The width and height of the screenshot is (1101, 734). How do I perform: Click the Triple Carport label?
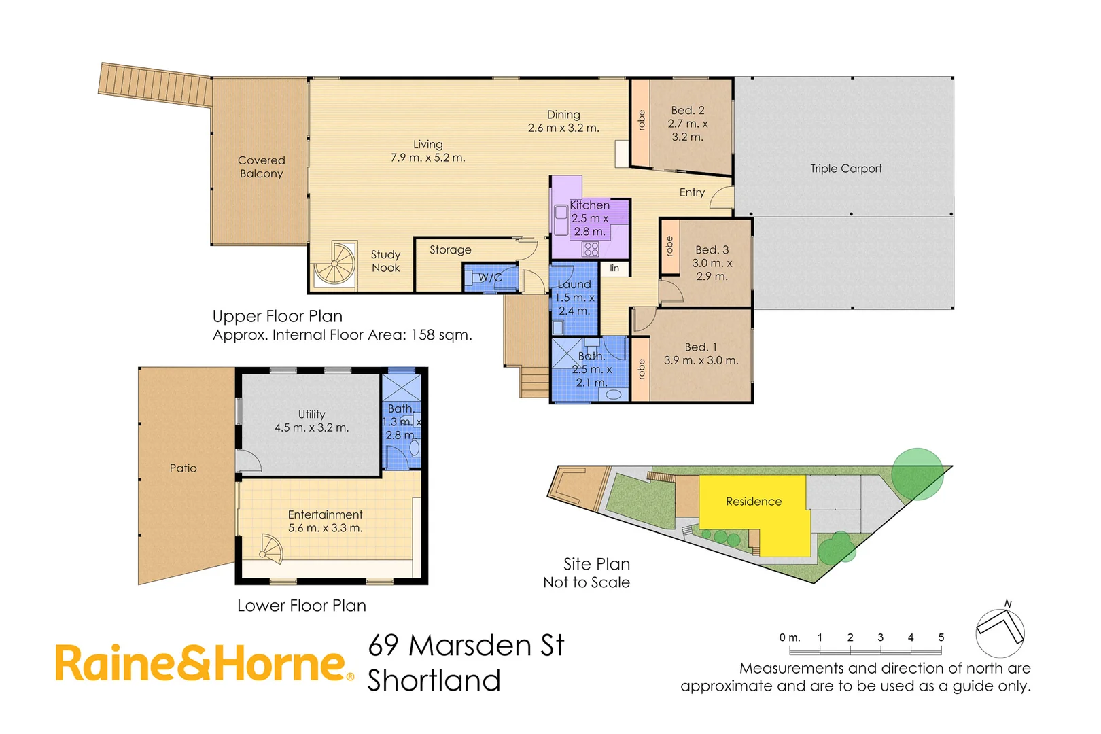845,169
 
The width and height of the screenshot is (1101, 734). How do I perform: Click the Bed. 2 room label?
687,110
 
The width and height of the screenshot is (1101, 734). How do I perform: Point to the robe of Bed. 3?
669,246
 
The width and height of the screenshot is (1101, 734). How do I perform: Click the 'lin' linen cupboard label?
614,268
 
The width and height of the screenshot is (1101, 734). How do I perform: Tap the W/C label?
489,277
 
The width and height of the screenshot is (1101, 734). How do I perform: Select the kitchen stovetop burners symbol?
591,249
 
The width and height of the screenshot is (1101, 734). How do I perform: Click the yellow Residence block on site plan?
754,502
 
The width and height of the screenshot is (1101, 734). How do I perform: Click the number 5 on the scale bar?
941,637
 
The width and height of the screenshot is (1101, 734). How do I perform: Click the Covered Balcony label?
262,167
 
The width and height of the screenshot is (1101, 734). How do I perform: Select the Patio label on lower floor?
183,468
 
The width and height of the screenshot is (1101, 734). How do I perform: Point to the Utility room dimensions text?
311,428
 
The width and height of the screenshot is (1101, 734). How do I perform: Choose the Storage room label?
450,250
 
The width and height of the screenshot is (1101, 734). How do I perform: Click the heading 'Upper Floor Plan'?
277,316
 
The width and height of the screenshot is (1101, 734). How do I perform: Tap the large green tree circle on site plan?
917,474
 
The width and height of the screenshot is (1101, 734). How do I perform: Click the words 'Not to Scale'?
587,582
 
